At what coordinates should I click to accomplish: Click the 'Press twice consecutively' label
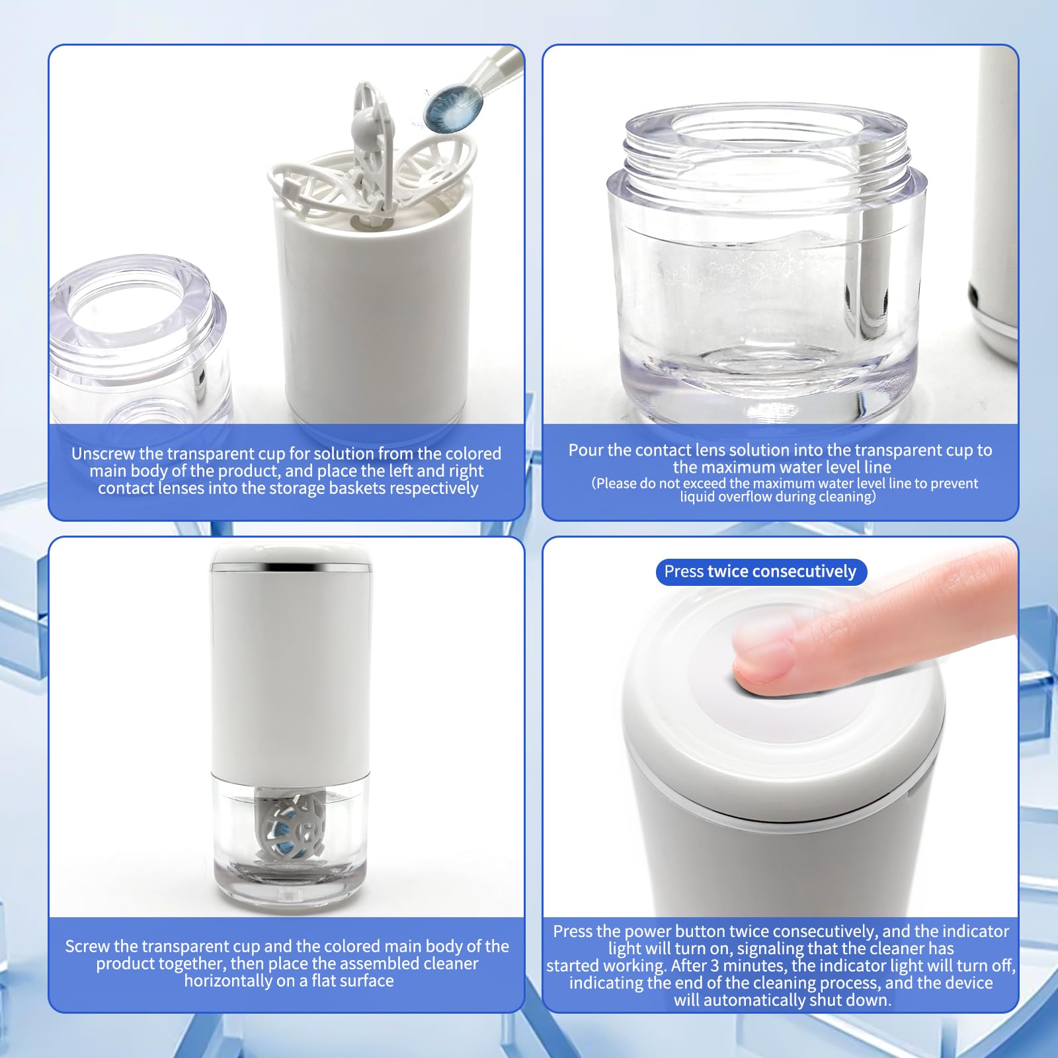[x=760, y=571]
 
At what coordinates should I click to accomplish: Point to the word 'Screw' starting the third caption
[x=87, y=946]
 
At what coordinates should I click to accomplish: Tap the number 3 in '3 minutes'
[x=715, y=965]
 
